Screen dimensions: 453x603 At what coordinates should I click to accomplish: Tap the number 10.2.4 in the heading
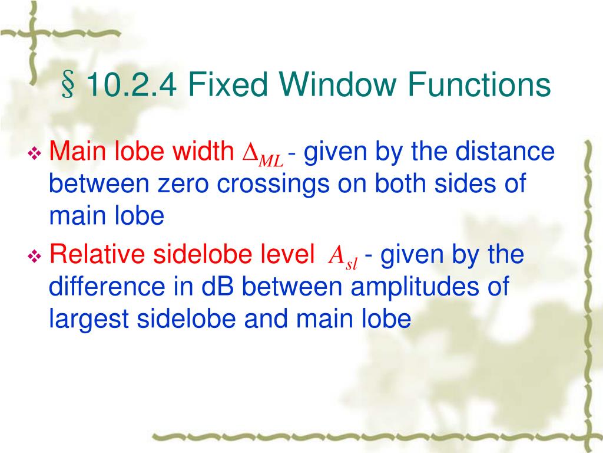(131, 85)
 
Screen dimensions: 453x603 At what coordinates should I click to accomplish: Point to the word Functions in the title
(479, 85)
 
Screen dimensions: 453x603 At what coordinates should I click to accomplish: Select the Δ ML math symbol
(263, 156)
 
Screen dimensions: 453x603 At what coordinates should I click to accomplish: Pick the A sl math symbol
(343, 258)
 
